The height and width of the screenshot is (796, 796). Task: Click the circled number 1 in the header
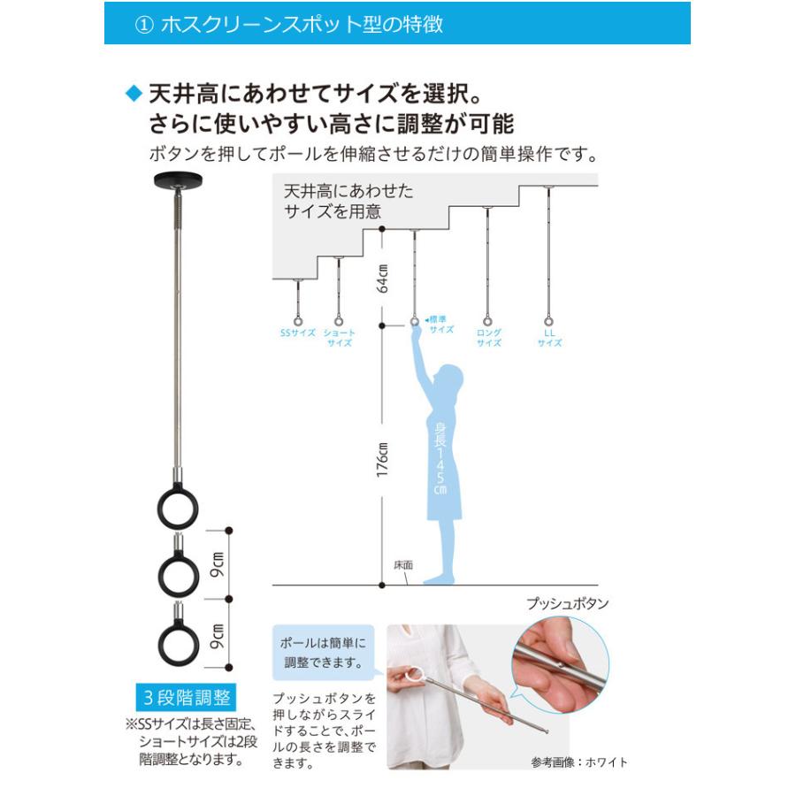coord(144,24)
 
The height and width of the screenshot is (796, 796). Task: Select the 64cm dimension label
coord(382,277)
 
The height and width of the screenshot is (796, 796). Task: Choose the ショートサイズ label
coord(340,338)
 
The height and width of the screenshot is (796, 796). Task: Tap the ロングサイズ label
coord(489,338)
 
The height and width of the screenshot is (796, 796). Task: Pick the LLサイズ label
coord(549,338)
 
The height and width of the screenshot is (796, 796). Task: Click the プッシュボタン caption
coord(567,604)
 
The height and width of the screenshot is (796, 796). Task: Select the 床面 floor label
coord(403,564)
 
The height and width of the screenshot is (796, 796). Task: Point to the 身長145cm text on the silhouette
coord(440,460)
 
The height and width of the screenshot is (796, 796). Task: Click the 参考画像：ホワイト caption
coord(579,762)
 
